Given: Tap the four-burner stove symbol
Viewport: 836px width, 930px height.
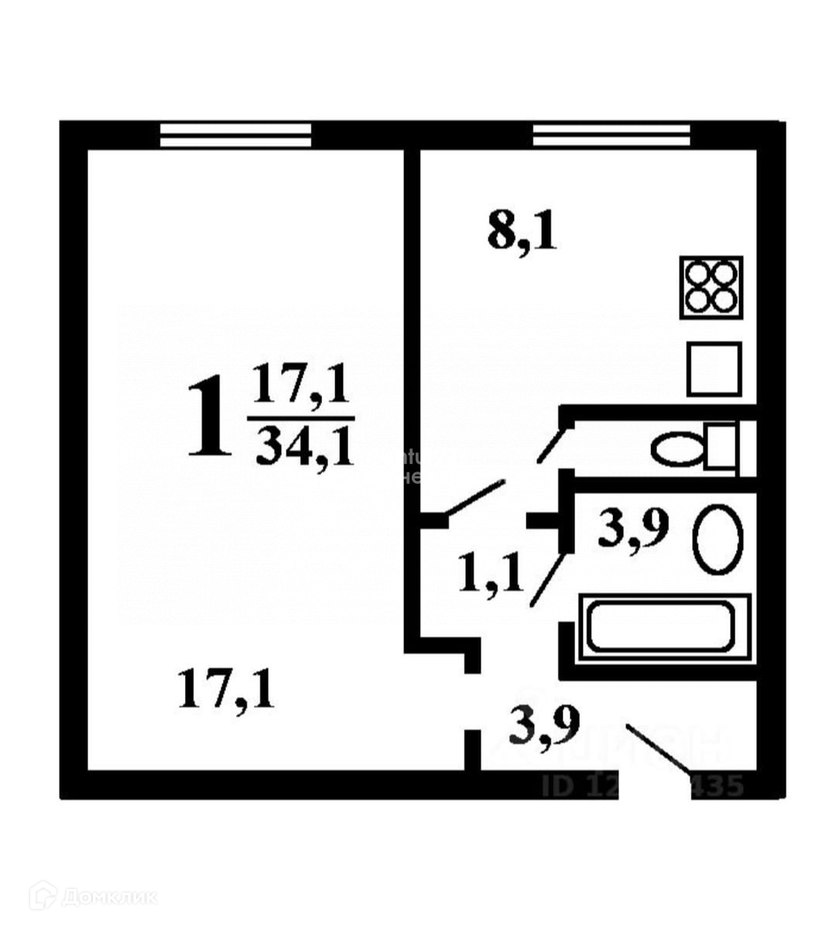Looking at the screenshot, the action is point(711,287).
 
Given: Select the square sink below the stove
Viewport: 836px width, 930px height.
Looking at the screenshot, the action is point(714,369).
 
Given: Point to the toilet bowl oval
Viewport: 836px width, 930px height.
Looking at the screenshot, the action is point(677,450).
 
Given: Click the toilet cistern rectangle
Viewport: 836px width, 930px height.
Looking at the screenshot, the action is point(719,447).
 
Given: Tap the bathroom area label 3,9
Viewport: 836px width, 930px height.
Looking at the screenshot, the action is point(633,530).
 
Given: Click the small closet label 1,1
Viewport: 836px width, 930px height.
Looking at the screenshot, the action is point(492,574).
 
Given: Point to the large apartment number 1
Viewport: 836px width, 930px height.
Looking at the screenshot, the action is point(209,416).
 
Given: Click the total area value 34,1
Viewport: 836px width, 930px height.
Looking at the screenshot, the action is point(304,446).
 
